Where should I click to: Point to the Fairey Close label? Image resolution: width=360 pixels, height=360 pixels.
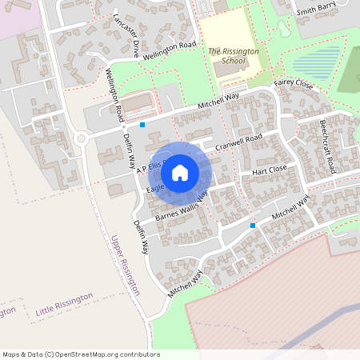293,83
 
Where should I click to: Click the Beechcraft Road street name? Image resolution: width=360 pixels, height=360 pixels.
327,148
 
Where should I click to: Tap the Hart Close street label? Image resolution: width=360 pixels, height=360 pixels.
269,170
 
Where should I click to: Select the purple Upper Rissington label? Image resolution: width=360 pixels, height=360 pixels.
125,265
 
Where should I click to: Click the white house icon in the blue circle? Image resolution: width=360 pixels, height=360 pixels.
180,173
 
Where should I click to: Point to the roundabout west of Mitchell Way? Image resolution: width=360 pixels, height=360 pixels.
80,139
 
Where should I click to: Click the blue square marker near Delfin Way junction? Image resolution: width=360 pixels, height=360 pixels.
142,125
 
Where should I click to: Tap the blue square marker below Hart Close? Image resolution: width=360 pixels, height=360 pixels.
253,226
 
